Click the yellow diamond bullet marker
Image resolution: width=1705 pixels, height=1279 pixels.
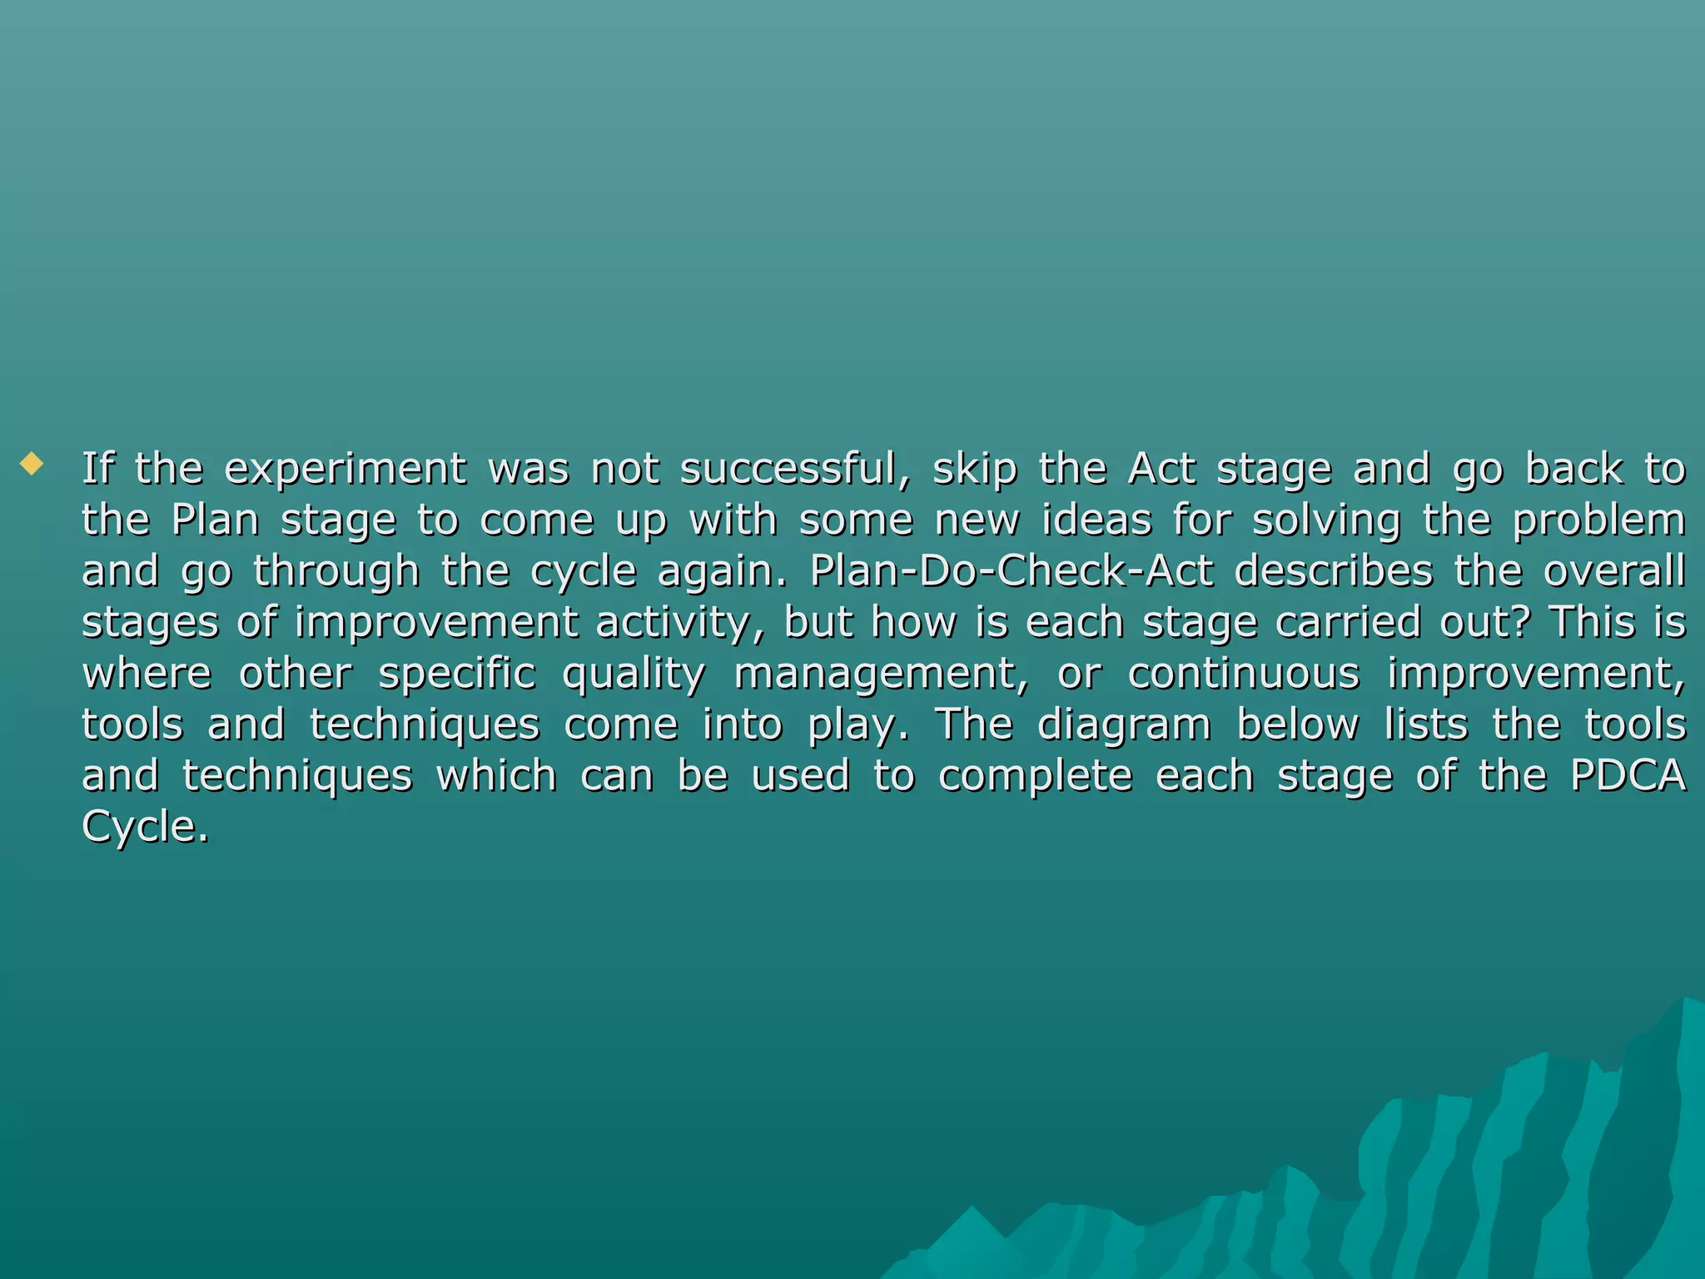[x=32, y=463]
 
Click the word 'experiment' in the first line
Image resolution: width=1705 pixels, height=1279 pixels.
[x=345, y=470]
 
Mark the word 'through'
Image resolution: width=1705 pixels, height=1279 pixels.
[x=336, y=572]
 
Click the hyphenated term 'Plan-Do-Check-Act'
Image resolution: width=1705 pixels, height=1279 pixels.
[x=1011, y=572]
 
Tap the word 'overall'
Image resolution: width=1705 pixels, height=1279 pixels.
[x=1614, y=572]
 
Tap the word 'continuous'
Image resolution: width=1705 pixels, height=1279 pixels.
[x=1243, y=674]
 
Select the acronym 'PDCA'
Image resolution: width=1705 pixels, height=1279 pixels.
[x=1628, y=776]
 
